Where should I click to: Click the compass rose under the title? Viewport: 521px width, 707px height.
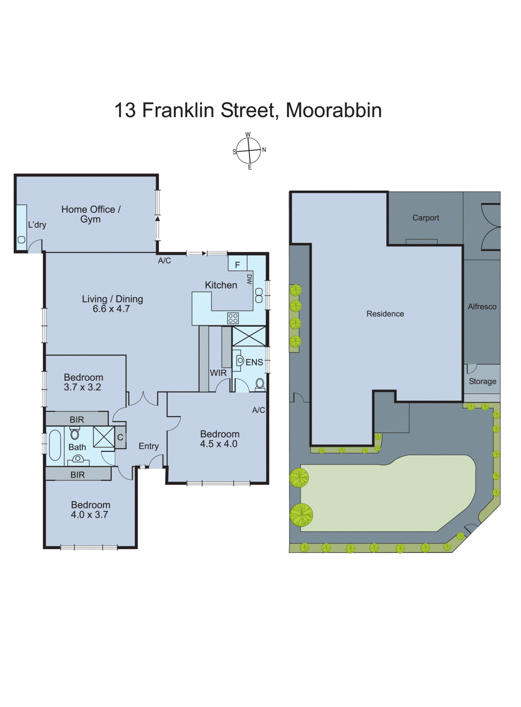(249, 151)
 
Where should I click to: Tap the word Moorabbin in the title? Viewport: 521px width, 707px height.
(334, 110)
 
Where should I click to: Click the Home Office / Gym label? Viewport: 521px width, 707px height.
(91, 214)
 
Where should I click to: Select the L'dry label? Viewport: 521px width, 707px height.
(37, 224)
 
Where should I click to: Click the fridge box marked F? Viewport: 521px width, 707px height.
(237, 265)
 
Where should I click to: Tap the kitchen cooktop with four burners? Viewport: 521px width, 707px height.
(233, 318)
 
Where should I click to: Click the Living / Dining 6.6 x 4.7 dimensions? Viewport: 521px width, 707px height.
(111, 309)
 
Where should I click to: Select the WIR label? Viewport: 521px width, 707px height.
(218, 373)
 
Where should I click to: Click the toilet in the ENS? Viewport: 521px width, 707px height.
(260, 384)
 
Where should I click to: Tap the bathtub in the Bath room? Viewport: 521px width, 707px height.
(55, 445)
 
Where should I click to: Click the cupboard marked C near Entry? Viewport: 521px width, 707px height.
(120, 437)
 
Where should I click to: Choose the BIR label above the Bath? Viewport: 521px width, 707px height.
(77, 419)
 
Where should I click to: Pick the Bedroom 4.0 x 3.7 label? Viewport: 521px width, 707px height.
(90, 509)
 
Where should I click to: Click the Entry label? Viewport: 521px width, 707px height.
(148, 446)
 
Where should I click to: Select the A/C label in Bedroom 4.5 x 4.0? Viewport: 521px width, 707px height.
(259, 410)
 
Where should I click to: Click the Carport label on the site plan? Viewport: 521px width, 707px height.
(425, 218)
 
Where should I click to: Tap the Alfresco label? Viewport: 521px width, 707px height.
(482, 307)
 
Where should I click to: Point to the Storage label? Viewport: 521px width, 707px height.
(482, 381)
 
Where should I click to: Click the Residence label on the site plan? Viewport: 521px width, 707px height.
(385, 314)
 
